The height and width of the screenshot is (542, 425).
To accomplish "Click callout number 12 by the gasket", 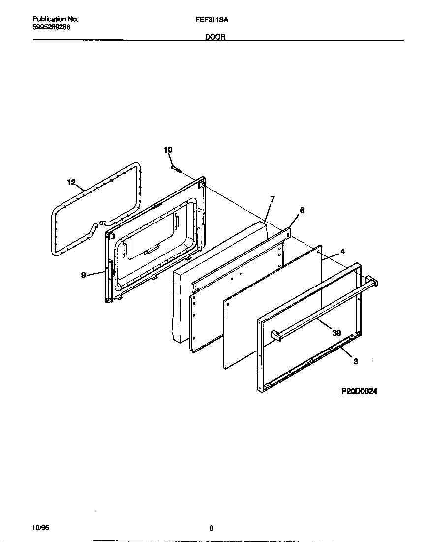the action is [x=71, y=183].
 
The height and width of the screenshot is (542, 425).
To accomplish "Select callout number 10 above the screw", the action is [x=168, y=150].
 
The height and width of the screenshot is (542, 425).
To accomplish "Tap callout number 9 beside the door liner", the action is [x=84, y=275].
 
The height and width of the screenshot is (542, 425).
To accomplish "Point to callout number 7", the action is [x=273, y=199].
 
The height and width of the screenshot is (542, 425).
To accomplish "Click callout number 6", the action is [x=302, y=210].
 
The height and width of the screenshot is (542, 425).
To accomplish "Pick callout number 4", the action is [x=342, y=251].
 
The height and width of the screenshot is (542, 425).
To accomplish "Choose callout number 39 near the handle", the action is [x=336, y=333].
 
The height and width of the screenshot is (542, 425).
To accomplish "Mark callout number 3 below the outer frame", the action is [x=355, y=361].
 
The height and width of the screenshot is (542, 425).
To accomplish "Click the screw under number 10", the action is [x=177, y=168].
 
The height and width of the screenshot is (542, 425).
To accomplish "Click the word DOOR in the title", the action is [x=215, y=37].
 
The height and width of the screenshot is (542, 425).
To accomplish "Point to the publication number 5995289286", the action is [x=51, y=27].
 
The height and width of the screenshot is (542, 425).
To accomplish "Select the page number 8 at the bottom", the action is [x=211, y=529].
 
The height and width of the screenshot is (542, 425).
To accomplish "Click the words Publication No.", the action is [x=55, y=19].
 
